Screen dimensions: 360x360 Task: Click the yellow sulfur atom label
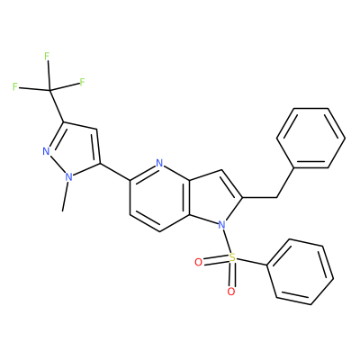pos(231,257)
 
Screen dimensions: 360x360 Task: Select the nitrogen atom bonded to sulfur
pos(221,224)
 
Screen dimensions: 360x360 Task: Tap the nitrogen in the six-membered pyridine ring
pos(159,163)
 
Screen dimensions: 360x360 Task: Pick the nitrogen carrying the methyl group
pos(69,177)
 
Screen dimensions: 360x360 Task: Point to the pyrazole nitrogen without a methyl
pos(46,151)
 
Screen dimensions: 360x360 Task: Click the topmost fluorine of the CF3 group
pos(47,56)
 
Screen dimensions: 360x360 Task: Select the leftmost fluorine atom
pos(15,87)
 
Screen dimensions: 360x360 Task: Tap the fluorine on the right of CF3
pos(82,82)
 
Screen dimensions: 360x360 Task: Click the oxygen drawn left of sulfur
pos(198,263)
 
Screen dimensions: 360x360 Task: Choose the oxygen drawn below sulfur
pos(230,292)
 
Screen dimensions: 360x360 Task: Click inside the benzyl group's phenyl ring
pos(310,138)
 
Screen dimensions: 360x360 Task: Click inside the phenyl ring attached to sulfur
pos(300,272)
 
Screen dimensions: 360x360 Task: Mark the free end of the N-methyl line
pos(62,211)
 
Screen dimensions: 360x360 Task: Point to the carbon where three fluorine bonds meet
pos(49,90)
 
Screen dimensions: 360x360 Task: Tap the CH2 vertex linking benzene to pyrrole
pos(276,197)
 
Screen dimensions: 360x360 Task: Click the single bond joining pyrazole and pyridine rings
pos(115,172)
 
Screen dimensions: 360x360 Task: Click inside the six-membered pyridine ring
pos(159,197)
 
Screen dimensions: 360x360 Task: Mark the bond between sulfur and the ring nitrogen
pos(227,241)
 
